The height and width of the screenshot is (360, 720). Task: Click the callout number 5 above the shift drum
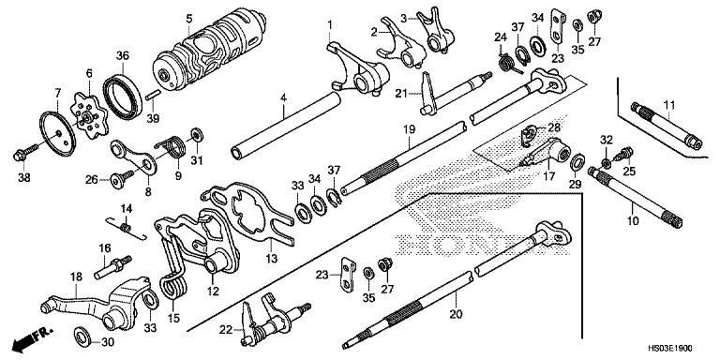[x=188, y=18]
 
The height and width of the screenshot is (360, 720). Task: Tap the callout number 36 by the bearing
[x=122, y=54]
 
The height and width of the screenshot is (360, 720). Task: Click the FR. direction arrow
[x=37, y=334]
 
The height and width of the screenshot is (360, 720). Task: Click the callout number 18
[x=75, y=276]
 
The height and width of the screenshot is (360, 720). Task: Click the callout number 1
[x=329, y=22]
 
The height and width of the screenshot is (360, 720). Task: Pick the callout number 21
[x=400, y=94]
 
